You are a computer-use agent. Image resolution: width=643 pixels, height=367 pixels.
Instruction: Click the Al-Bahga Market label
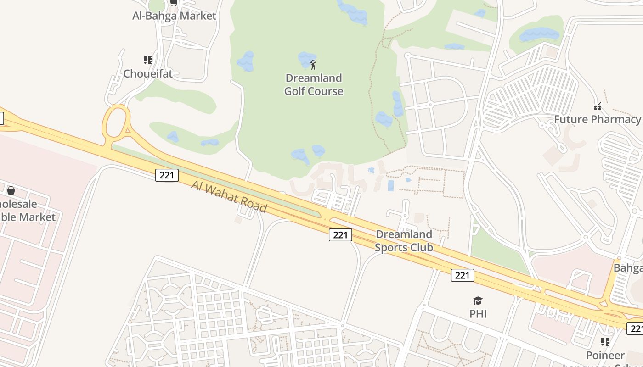pos(174,16)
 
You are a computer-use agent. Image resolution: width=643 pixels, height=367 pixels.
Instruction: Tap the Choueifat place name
pos(148,73)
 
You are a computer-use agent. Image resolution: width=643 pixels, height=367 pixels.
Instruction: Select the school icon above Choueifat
pos(148,60)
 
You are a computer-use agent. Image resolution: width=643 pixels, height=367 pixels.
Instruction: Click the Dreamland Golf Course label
pos(314,84)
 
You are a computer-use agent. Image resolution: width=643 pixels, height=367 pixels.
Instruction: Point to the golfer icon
pos(313,64)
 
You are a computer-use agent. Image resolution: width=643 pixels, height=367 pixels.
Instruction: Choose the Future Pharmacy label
pos(597,119)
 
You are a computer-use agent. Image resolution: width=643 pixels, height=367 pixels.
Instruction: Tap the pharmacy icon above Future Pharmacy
pos(598,106)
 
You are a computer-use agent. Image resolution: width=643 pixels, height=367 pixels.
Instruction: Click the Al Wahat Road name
pos(229,197)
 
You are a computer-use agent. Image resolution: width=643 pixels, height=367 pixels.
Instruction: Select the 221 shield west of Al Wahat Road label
pos(167,175)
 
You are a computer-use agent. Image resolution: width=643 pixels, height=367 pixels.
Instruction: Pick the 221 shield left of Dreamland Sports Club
pos(340,235)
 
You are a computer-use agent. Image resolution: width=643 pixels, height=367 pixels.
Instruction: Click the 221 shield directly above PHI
pos(463,275)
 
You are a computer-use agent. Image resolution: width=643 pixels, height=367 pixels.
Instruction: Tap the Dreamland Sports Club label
pos(404,241)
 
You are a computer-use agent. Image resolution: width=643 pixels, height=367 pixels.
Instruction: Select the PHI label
pos(478,314)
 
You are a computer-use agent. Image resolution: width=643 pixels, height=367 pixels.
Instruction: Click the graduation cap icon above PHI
pos(478,301)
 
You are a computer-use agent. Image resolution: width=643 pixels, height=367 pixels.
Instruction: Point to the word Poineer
pos(605,355)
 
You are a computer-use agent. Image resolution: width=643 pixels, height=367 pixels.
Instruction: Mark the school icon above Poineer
pos(605,342)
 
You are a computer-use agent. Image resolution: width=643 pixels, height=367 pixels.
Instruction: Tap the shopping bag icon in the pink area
pos(11,190)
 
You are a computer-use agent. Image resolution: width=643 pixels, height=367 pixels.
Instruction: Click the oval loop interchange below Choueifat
pos(116,121)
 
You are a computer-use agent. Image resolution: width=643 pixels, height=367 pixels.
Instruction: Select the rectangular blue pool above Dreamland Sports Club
pos(391,185)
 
